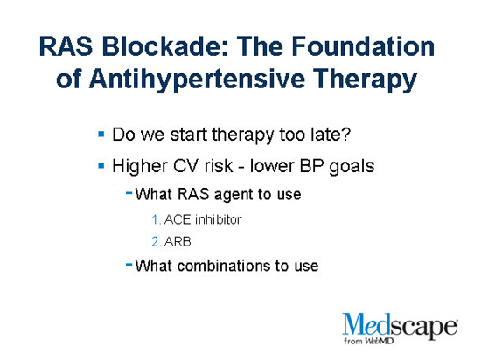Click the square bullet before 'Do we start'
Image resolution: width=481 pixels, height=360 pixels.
point(102,136)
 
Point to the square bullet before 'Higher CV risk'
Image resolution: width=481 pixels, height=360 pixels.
point(102,164)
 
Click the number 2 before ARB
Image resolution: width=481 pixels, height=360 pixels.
point(155,241)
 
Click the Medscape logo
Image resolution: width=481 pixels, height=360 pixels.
point(401,327)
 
